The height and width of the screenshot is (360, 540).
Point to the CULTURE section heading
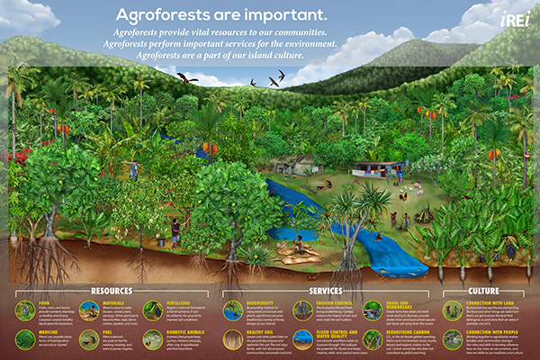pyautogui.click(x=485, y=292)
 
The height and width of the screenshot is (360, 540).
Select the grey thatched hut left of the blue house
pyautogui.click(x=301, y=163)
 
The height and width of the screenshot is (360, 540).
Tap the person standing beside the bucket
pyautogui.click(x=175, y=229)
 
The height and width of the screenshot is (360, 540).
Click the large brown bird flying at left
pyautogui.click(x=187, y=78)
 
